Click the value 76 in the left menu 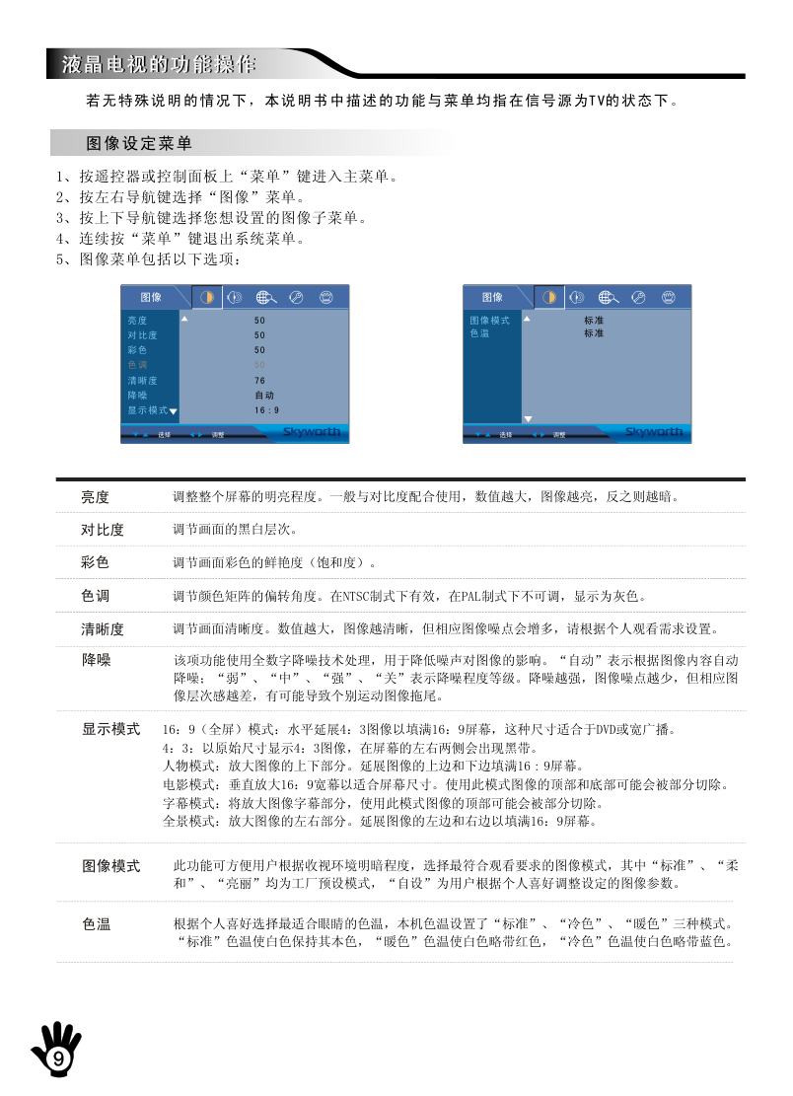(259, 380)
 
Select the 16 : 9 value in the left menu (265, 410)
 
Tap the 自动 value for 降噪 (263, 395)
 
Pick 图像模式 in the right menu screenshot (489, 321)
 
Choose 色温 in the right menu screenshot (478, 333)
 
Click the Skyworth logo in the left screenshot (312, 432)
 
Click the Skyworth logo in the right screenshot (654, 432)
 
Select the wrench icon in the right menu (638, 297)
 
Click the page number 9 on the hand (58, 1059)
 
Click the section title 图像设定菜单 (139, 144)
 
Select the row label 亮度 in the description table (95, 496)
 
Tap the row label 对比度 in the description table (102, 530)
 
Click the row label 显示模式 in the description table (109, 730)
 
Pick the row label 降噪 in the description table (95, 659)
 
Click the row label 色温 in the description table (95, 924)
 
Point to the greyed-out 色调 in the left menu (137, 365)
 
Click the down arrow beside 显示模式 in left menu (174, 411)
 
